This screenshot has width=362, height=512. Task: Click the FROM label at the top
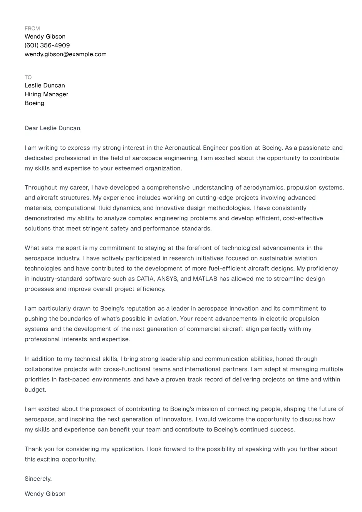[32, 29]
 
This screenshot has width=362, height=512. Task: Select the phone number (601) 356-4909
[47, 45]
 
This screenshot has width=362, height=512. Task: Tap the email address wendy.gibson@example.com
[65, 54]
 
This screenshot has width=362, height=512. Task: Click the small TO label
[28, 77]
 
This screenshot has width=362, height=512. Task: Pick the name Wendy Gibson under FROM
[45, 37]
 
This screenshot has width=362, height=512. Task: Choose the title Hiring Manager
[46, 94]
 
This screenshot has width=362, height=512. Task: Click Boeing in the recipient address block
[34, 103]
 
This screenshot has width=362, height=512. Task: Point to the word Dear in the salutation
[31, 128]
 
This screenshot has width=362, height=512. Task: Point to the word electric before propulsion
[278, 319]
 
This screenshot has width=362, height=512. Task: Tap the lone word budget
[35, 390]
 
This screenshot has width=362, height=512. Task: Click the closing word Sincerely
[38, 479]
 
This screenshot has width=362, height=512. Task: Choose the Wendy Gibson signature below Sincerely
[45, 494]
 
